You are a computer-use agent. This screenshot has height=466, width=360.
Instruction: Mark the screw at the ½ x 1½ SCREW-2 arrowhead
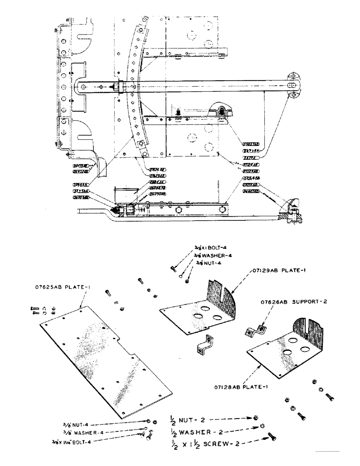click(x=271, y=437)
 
